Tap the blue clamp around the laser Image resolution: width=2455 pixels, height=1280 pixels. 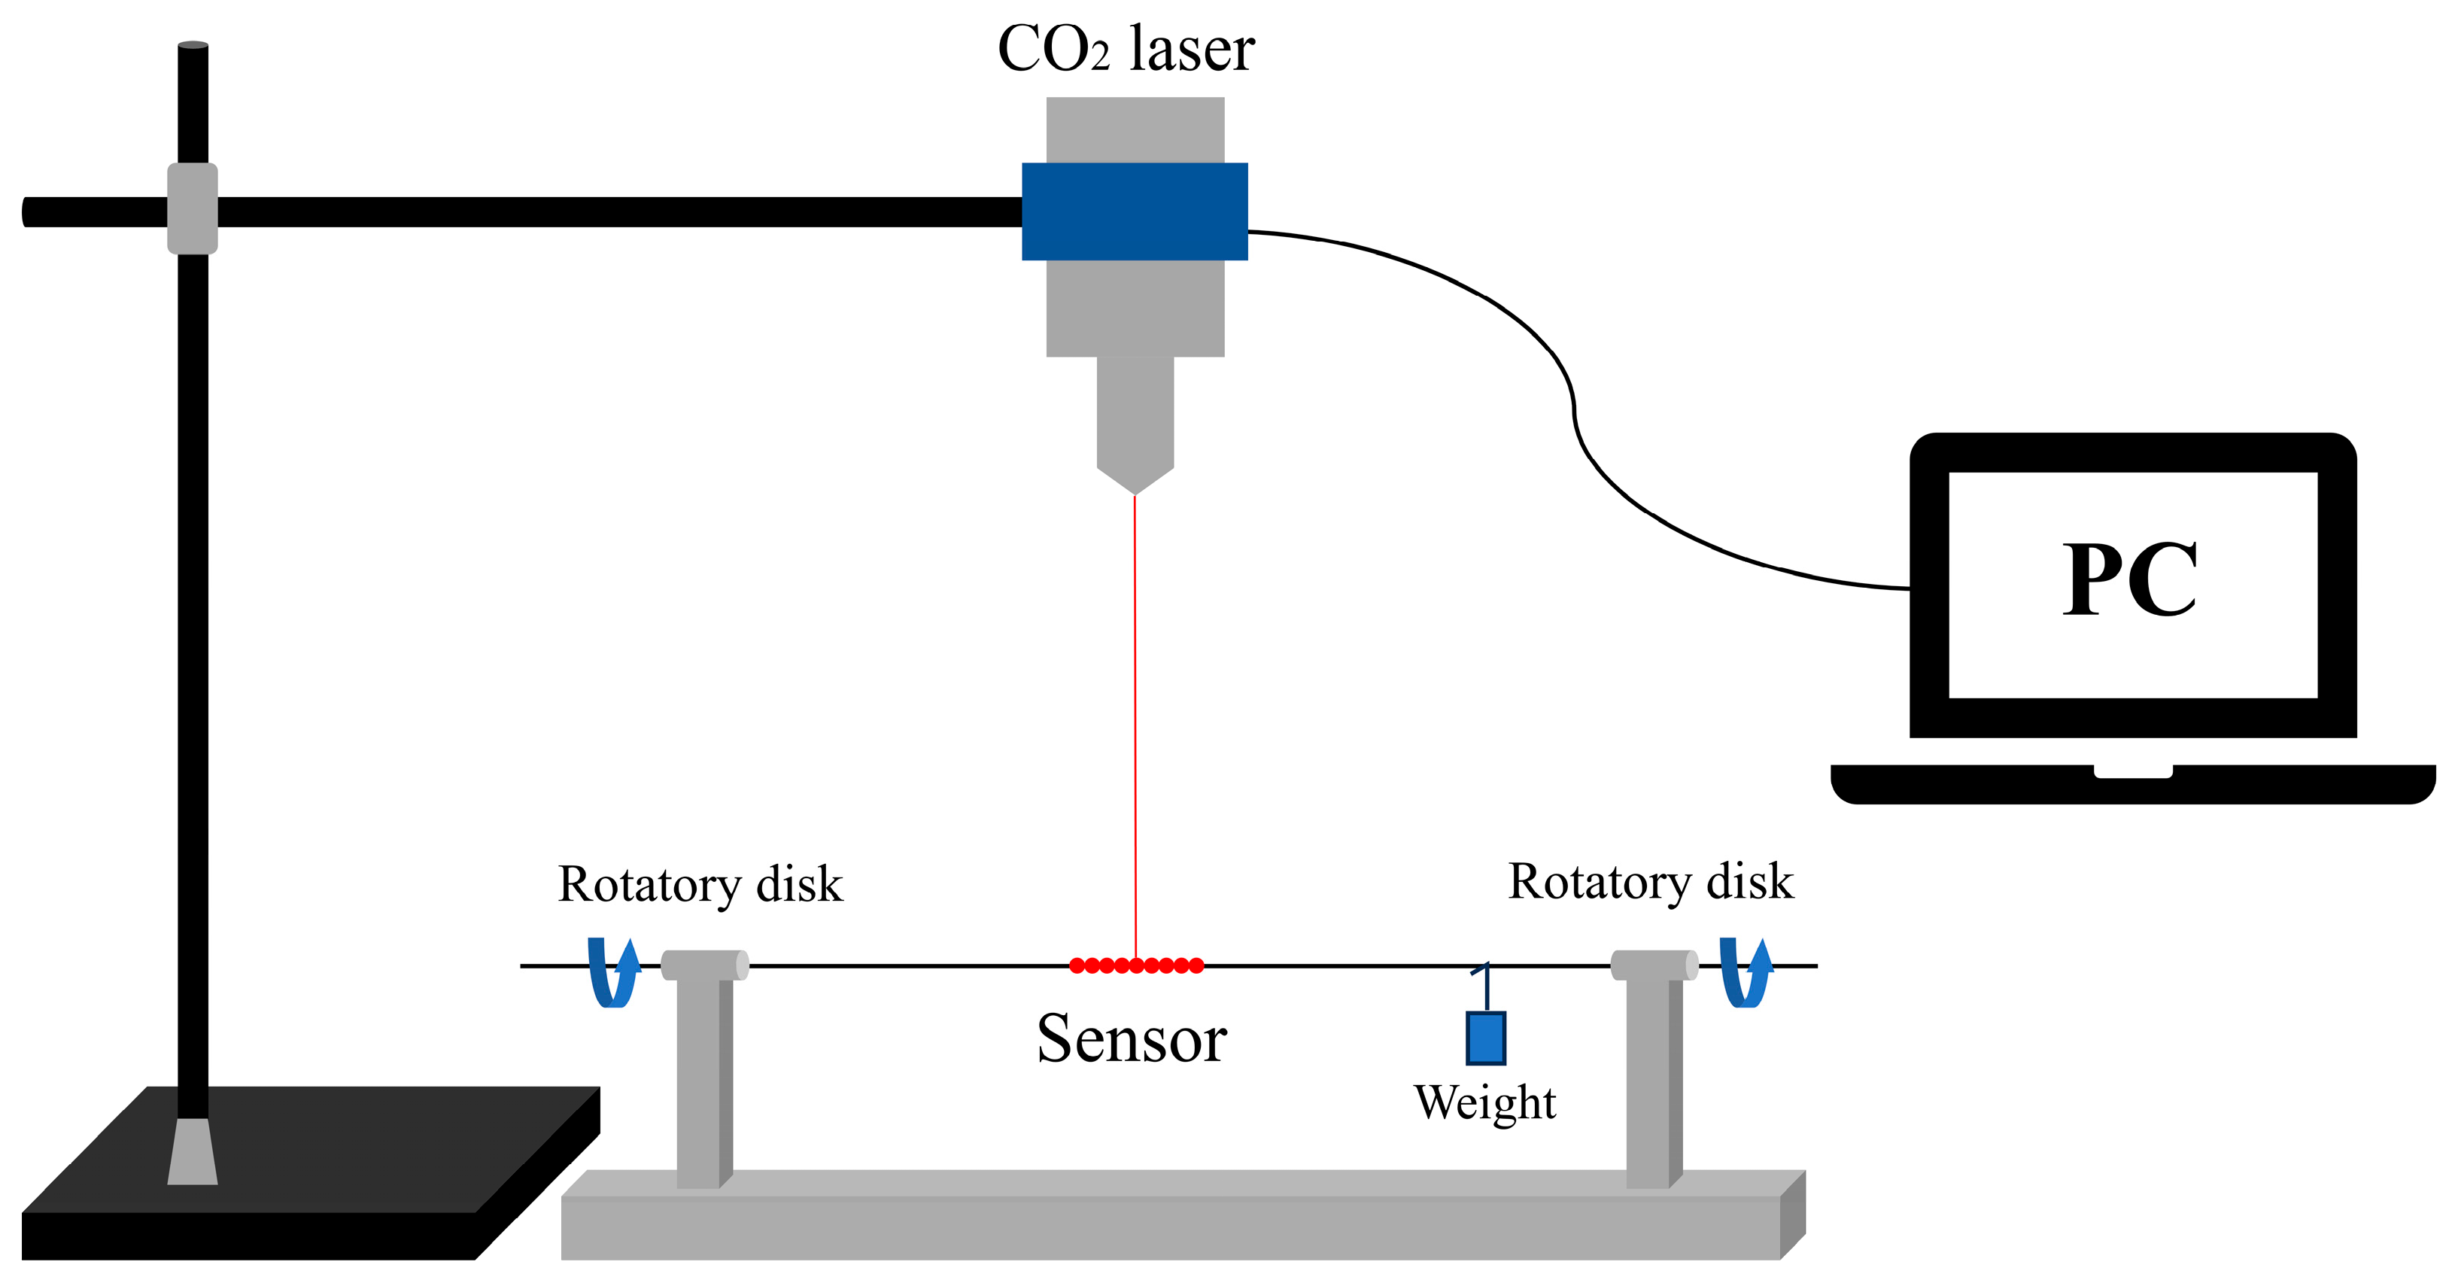[1134, 211]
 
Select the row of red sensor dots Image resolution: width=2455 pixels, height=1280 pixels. [1136, 965]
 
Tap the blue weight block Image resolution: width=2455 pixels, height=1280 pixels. [1486, 1038]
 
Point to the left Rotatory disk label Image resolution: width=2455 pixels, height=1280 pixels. [700, 884]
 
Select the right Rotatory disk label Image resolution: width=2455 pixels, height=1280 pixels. [1650, 882]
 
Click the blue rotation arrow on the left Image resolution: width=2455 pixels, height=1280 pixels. [612, 973]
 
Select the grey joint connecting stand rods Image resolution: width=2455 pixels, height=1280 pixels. [193, 208]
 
